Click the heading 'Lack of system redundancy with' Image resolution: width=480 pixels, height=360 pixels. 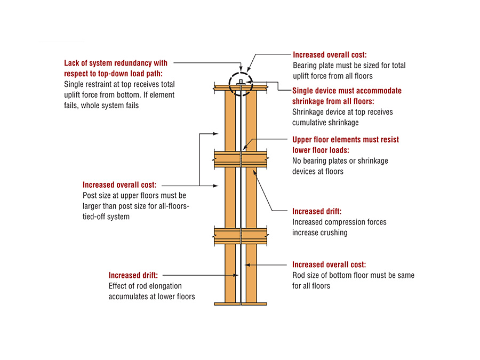click(x=116, y=63)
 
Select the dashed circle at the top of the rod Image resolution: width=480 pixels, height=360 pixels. click(x=241, y=84)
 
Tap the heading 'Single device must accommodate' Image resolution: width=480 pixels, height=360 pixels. click(x=347, y=91)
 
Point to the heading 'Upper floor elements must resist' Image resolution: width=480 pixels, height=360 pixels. click(x=345, y=140)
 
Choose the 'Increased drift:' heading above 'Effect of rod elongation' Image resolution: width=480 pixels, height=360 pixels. click(x=133, y=275)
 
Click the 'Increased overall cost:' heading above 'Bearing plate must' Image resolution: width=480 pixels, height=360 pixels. click(x=330, y=55)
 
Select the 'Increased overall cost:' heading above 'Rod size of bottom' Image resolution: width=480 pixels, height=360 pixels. click(x=329, y=265)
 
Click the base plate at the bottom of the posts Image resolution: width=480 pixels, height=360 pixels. click(x=242, y=303)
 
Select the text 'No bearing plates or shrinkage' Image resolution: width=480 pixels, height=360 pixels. click(x=340, y=161)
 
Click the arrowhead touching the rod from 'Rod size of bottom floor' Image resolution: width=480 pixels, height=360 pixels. click(x=246, y=265)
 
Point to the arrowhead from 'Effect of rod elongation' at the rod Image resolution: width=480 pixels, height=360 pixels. click(x=237, y=275)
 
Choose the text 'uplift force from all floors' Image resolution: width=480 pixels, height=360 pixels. click(x=332, y=76)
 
